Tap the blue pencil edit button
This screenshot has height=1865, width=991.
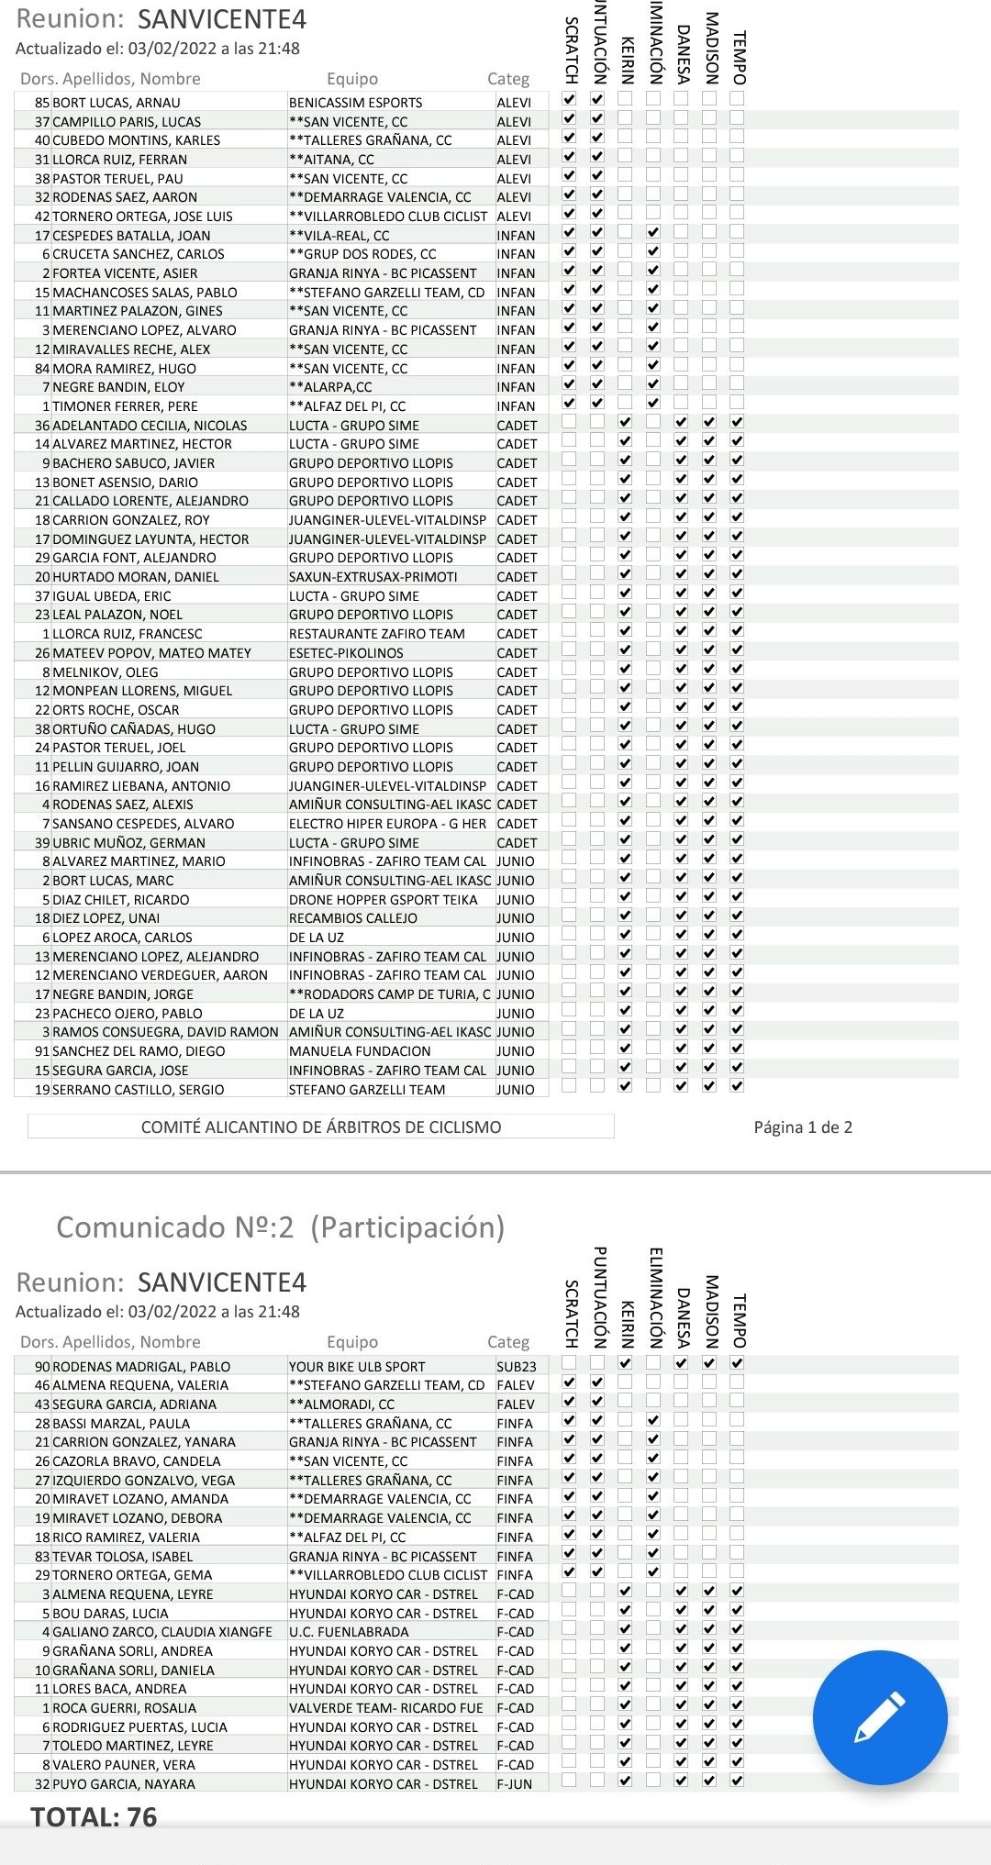click(879, 1716)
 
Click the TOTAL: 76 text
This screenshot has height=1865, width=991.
click(94, 1816)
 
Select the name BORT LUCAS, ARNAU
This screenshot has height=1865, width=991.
click(117, 103)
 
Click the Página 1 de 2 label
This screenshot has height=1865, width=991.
click(803, 1127)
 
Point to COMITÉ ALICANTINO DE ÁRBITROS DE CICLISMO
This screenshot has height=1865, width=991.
click(321, 1127)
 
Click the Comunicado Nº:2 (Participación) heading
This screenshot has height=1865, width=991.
click(281, 1227)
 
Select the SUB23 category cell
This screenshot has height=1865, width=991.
click(516, 1366)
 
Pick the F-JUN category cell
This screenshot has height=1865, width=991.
click(515, 1784)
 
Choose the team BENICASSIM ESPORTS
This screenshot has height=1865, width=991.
click(356, 103)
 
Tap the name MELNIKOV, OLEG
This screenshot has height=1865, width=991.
click(106, 672)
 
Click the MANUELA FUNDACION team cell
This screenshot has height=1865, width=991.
click(360, 1051)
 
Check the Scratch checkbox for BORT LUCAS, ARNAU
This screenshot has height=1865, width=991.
click(570, 98)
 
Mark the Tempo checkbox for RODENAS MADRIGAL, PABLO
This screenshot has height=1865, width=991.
click(737, 1363)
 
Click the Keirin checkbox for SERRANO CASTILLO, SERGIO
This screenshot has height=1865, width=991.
click(625, 1086)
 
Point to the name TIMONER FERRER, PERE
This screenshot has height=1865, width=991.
click(125, 406)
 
